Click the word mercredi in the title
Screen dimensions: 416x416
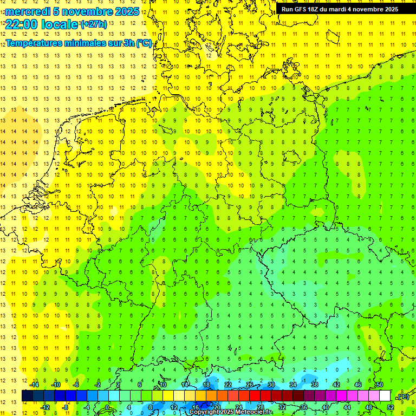28,11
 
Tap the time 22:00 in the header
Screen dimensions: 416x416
22,24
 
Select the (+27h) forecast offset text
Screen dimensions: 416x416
93,24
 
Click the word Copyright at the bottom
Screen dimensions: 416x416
204,412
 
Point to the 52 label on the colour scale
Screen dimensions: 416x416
390,407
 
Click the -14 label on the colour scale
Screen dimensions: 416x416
34,385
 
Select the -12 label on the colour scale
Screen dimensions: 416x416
45,407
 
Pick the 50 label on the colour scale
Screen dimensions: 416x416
379,385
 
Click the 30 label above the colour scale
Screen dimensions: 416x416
271,385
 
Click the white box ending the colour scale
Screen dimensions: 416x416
385,396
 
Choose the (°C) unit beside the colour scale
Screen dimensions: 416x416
402,396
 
